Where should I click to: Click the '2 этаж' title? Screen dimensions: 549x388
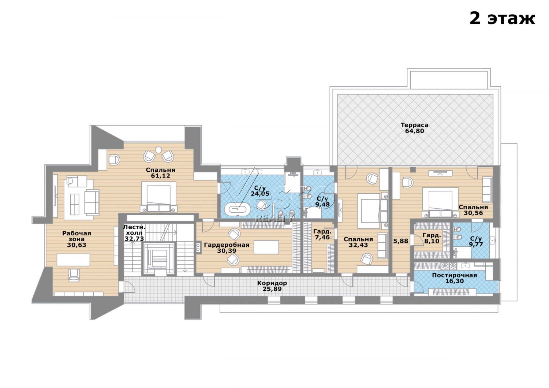pos(502,18)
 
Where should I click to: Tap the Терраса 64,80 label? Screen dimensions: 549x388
pos(414,128)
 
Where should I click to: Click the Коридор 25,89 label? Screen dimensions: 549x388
pos(272,286)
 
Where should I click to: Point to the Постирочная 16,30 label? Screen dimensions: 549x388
pos(455,278)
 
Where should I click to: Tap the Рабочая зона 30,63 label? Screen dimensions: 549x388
pos(76,239)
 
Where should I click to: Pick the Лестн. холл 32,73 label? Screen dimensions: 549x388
pos(134,233)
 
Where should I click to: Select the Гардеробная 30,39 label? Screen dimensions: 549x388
pos(227,247)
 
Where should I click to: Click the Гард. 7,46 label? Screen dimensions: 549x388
pos(322,234)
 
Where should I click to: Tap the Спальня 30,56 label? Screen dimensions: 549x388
pos(473,210)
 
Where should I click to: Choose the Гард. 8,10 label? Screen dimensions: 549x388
pos(432,238)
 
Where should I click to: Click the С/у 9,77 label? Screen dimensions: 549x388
pos(476,242)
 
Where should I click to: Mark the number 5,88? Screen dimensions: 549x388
pos(401,241)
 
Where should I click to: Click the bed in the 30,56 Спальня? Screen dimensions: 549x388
pos(440,202)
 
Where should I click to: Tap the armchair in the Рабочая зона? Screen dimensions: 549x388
pos(74,275)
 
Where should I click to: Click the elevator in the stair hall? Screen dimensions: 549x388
pos(159,258)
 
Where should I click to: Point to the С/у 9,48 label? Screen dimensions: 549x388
pos(322,201)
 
